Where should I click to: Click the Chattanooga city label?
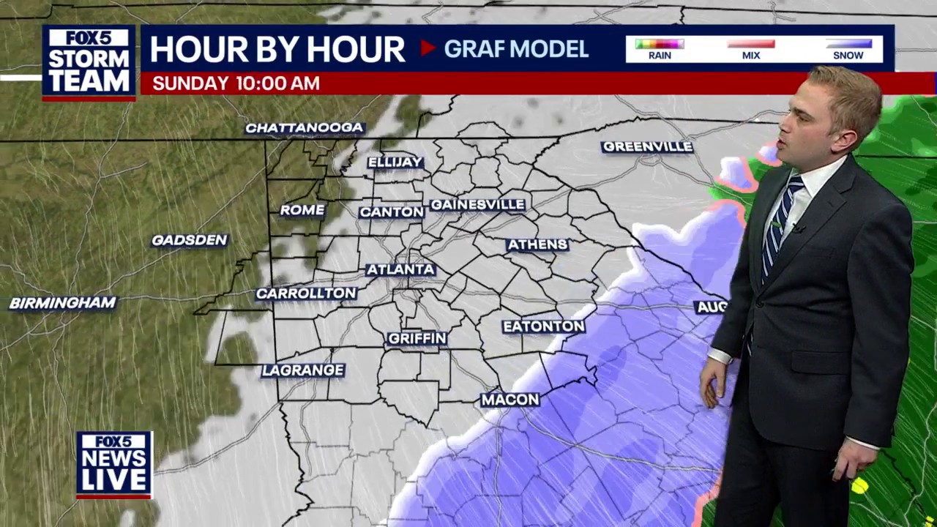click(304, 128)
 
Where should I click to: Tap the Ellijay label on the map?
click(395, 162)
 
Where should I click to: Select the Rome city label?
click(302, 210)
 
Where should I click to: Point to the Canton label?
click(392, 212)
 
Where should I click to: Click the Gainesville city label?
click(477, 205)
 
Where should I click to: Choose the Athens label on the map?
click(537, 244)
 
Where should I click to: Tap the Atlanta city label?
click(400, 269)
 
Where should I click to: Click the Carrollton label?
click(306, 294)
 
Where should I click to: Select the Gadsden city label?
click(190, 240)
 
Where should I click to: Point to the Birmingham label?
click(63, 303)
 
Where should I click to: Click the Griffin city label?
click(417, 338)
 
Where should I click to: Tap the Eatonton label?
click(543, 326)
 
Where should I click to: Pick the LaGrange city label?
click(303, 370)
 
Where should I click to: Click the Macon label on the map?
click(510, 400)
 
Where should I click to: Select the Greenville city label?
click(647, 147)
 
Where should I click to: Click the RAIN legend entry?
click(660, 49)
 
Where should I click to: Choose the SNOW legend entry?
click(848, 49)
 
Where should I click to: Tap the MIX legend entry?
click(750, 49)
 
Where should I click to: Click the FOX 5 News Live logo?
click(114, 465)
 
